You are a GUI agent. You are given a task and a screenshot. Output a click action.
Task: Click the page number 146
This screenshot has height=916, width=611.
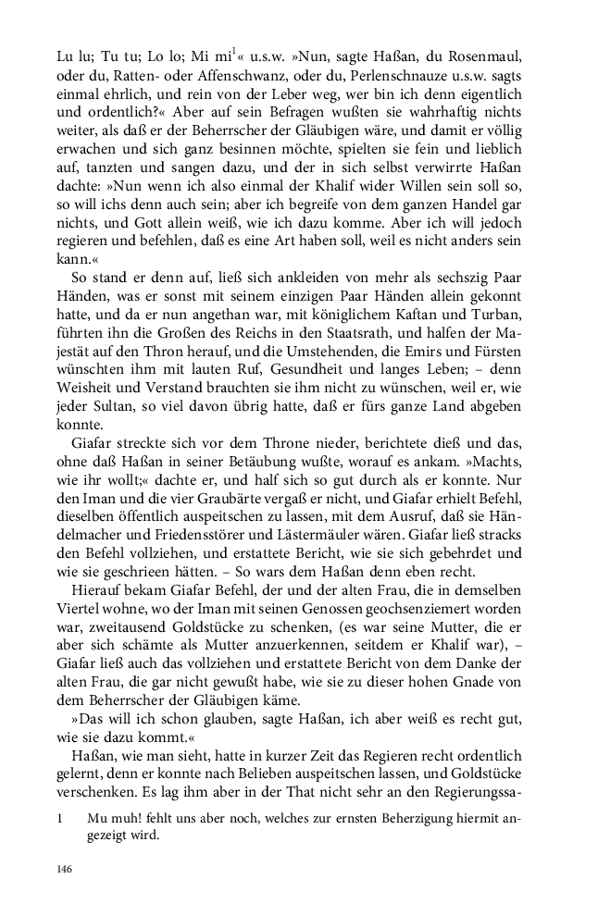(x=64, y=869)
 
